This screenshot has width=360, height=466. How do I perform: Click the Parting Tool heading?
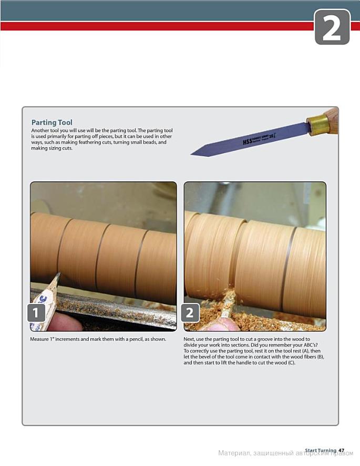tap(52, 123)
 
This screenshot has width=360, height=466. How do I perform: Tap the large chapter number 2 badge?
tap(332, 27)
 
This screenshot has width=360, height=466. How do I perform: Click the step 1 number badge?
tap(36, 312)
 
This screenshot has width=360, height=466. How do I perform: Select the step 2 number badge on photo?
tap(190, 312)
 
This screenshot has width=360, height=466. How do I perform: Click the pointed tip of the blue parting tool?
tap(191, 154)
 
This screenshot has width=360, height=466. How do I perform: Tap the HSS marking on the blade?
tap(247, 141)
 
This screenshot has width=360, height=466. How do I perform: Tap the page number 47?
tap(341, 451)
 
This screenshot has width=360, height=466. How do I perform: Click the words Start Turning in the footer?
tap(321, 451)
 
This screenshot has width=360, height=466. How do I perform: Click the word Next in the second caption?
tap(189, 339)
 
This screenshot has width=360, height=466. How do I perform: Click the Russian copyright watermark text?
tap(286, 453)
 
